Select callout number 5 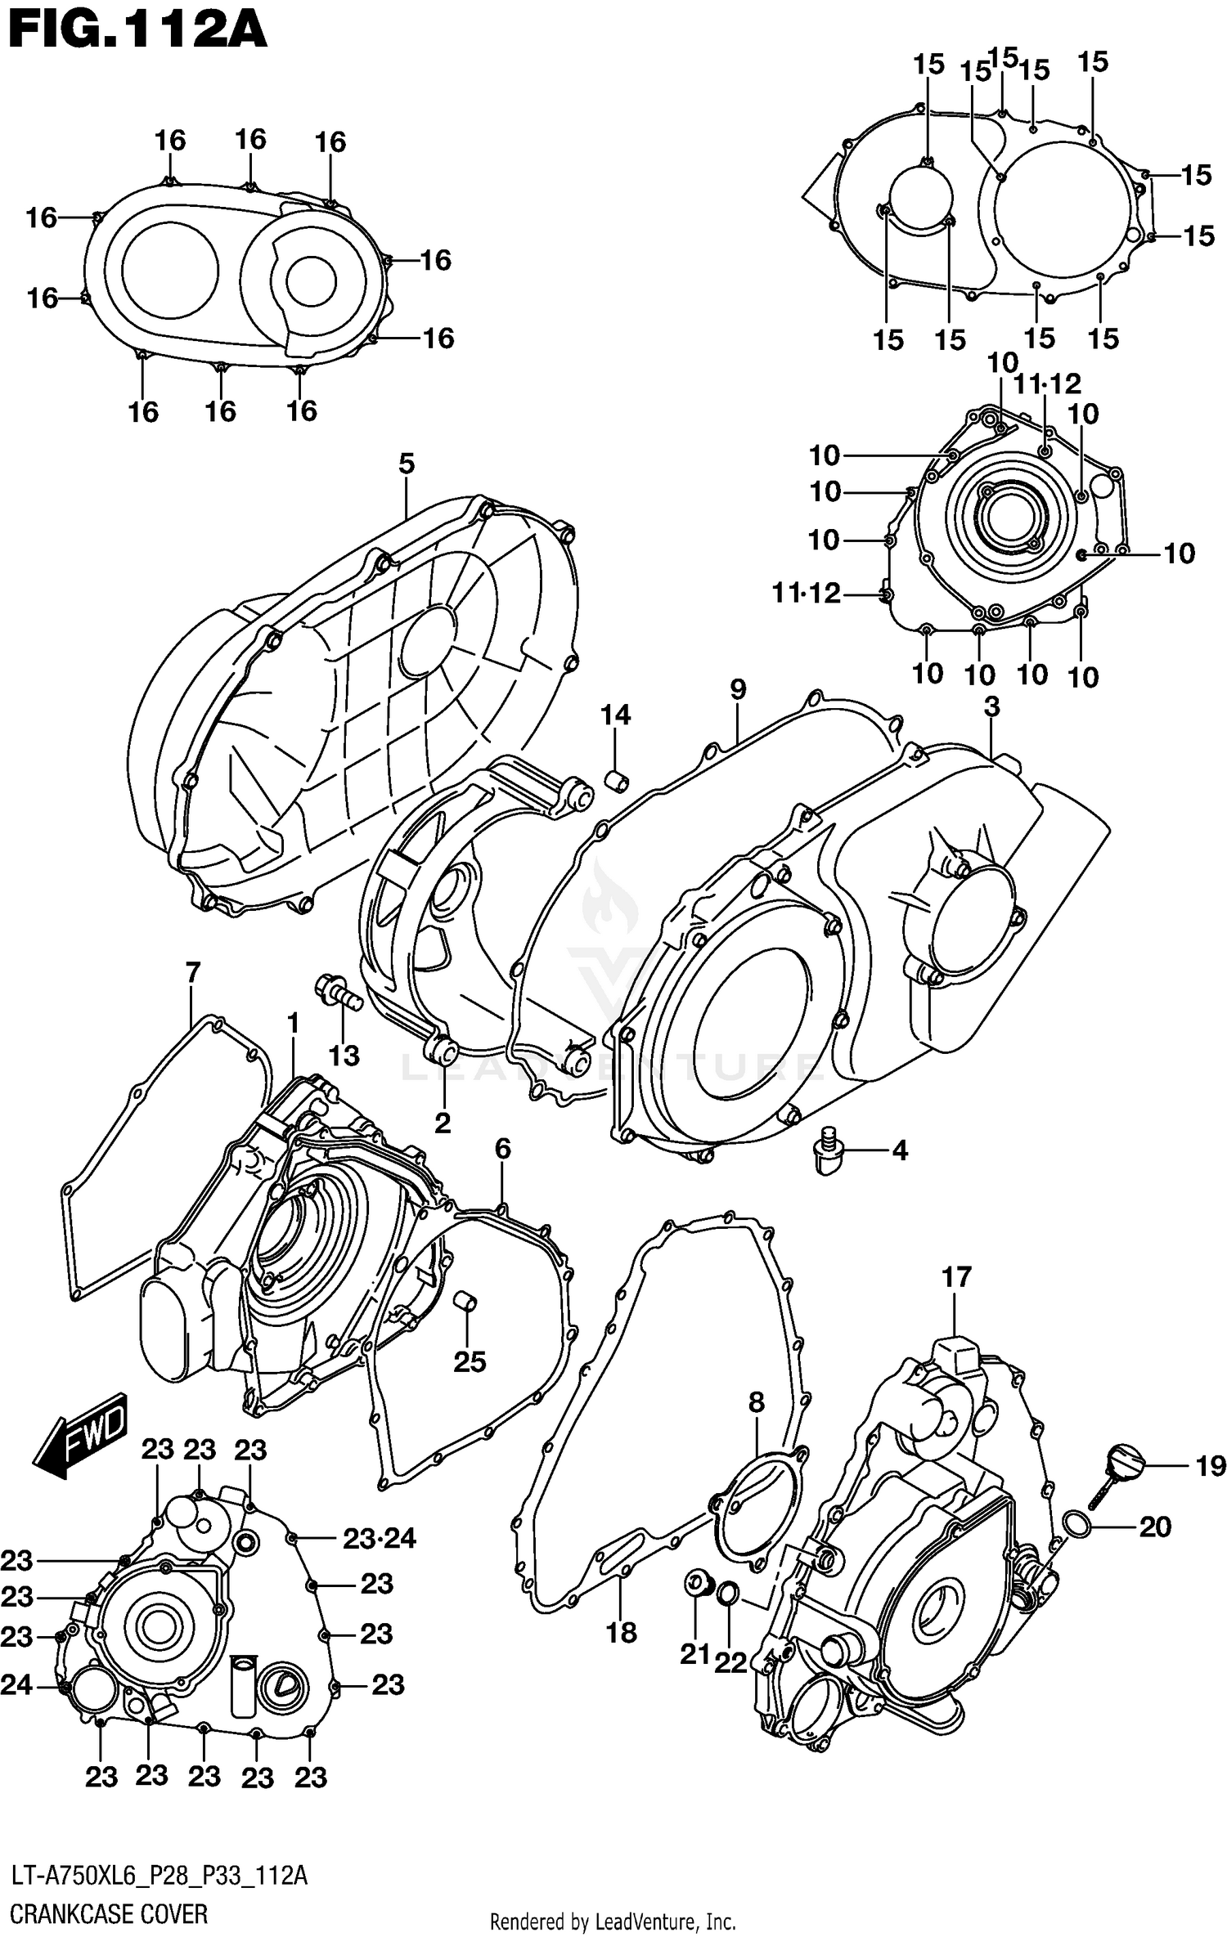[x=407, y=464]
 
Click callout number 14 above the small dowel [x=615, y=715]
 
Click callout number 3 [x=991, y=706]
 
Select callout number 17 [x=956, y=1276]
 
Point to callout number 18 [x=621, y=1632]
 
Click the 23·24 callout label [x=379, y=1539]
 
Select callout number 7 [x=192, y=973]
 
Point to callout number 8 [x=757, y=1402]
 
